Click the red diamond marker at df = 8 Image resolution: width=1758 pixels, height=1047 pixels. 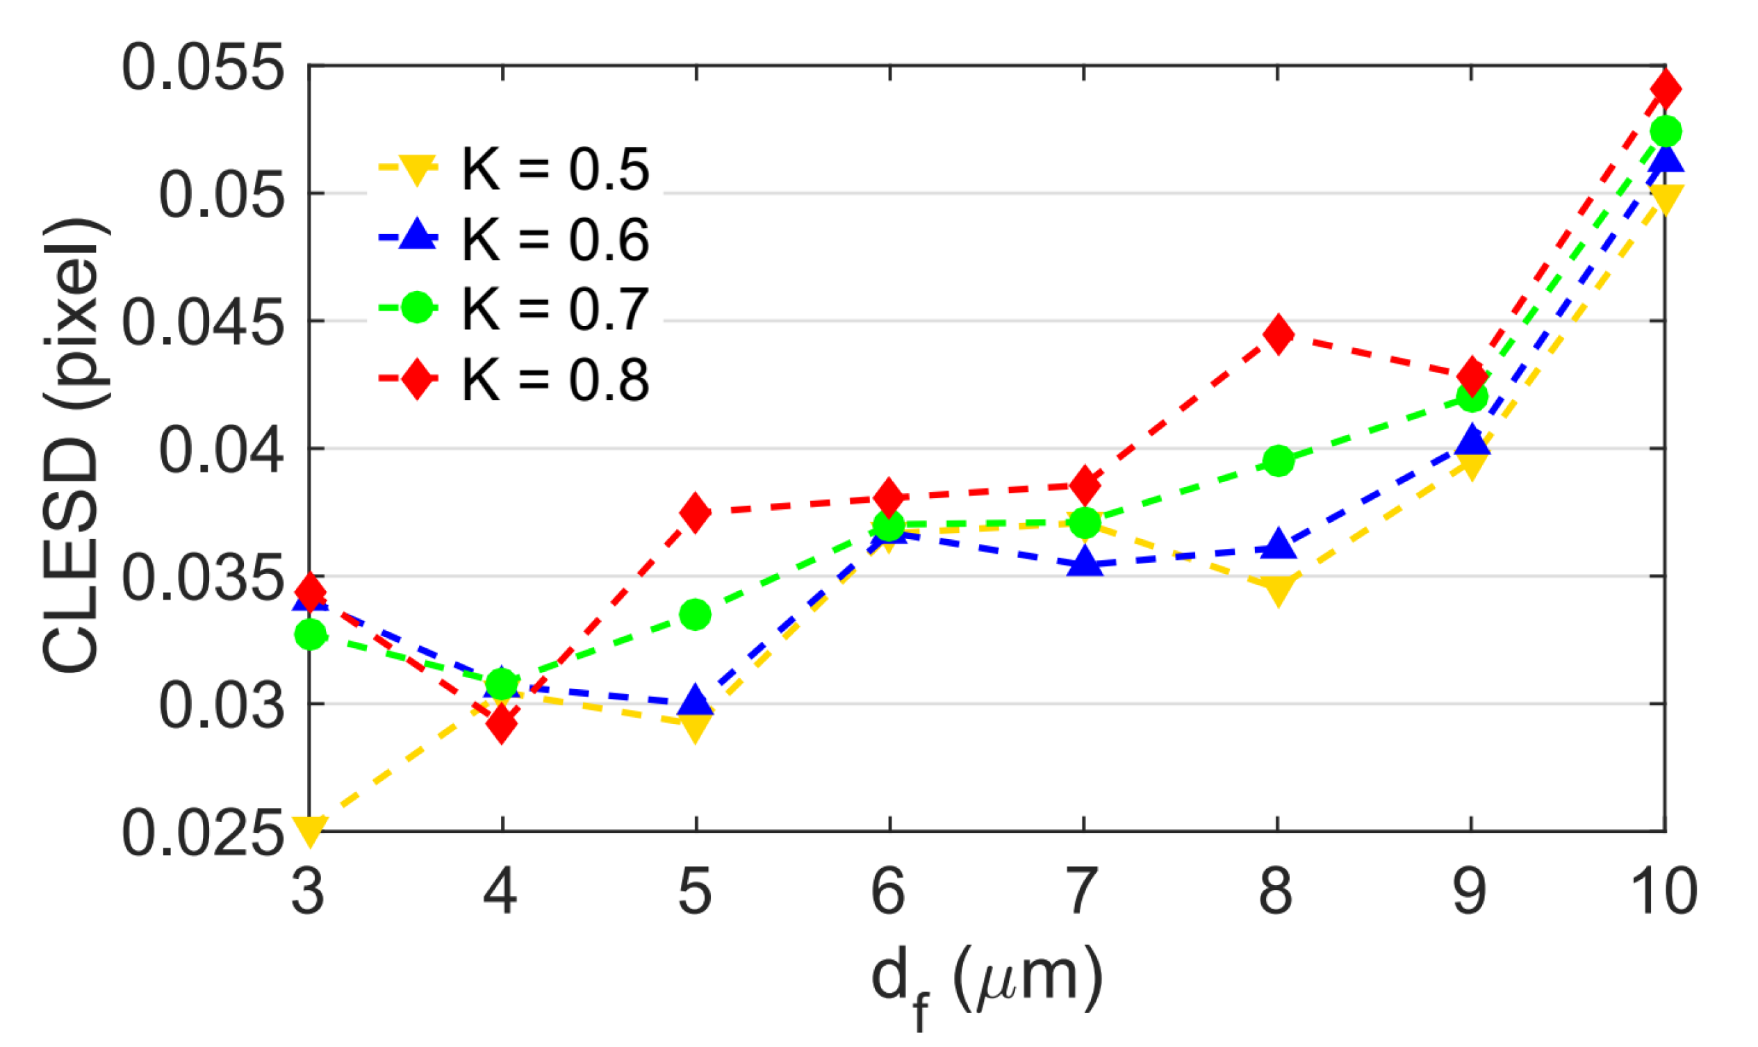coord(1278,334)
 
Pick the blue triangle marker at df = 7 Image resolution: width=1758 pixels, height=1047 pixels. coord(1084,562)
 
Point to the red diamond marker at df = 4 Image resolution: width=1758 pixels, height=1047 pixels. coord(502,724)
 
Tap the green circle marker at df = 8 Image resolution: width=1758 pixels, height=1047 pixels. coord(1279,461)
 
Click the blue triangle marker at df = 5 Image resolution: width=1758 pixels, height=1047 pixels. coord(696,700)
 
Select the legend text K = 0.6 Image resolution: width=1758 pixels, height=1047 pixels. coord(554,240)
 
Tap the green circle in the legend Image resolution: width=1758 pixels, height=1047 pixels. coord(417,308)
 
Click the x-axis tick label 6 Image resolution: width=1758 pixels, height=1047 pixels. coord(888,893)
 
